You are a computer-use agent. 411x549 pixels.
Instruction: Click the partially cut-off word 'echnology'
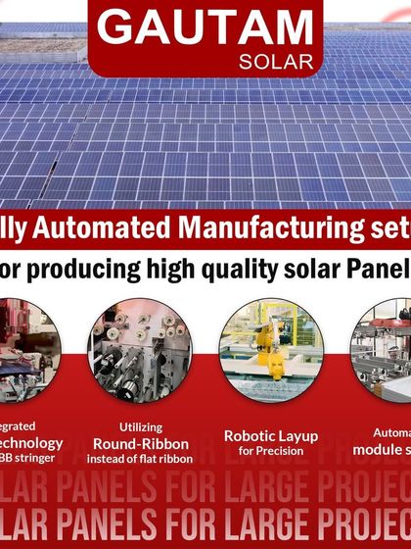(x=30, y=442)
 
